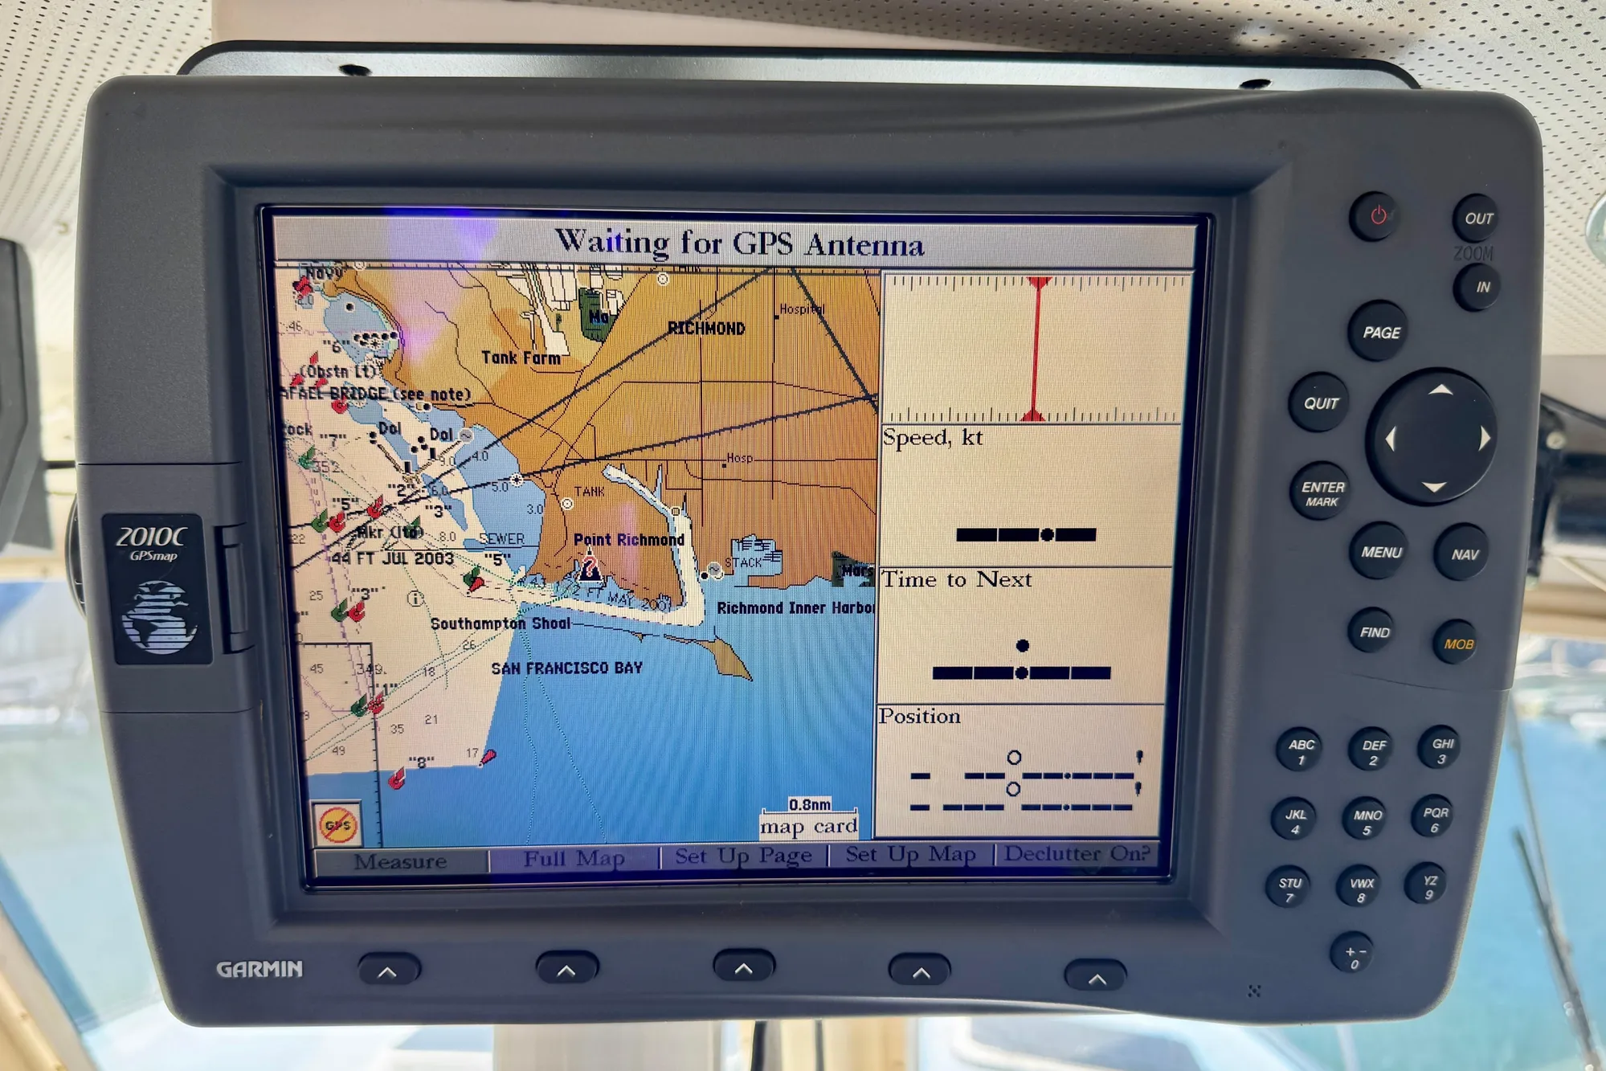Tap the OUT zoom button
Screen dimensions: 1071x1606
coord(1477,219)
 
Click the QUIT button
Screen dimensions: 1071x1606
coord(1320,403)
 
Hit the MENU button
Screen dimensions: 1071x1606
coord(1380,553)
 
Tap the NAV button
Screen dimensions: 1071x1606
coord(1464,554)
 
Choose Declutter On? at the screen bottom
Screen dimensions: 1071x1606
coord(1077,854)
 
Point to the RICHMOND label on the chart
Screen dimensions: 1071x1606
coord(706,329)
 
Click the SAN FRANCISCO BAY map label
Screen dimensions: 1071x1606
coord(566,668)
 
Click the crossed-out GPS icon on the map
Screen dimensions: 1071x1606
coord(337,824)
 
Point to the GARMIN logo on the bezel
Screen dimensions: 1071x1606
coord(259,969)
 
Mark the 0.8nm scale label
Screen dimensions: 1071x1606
coord(809,804)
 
